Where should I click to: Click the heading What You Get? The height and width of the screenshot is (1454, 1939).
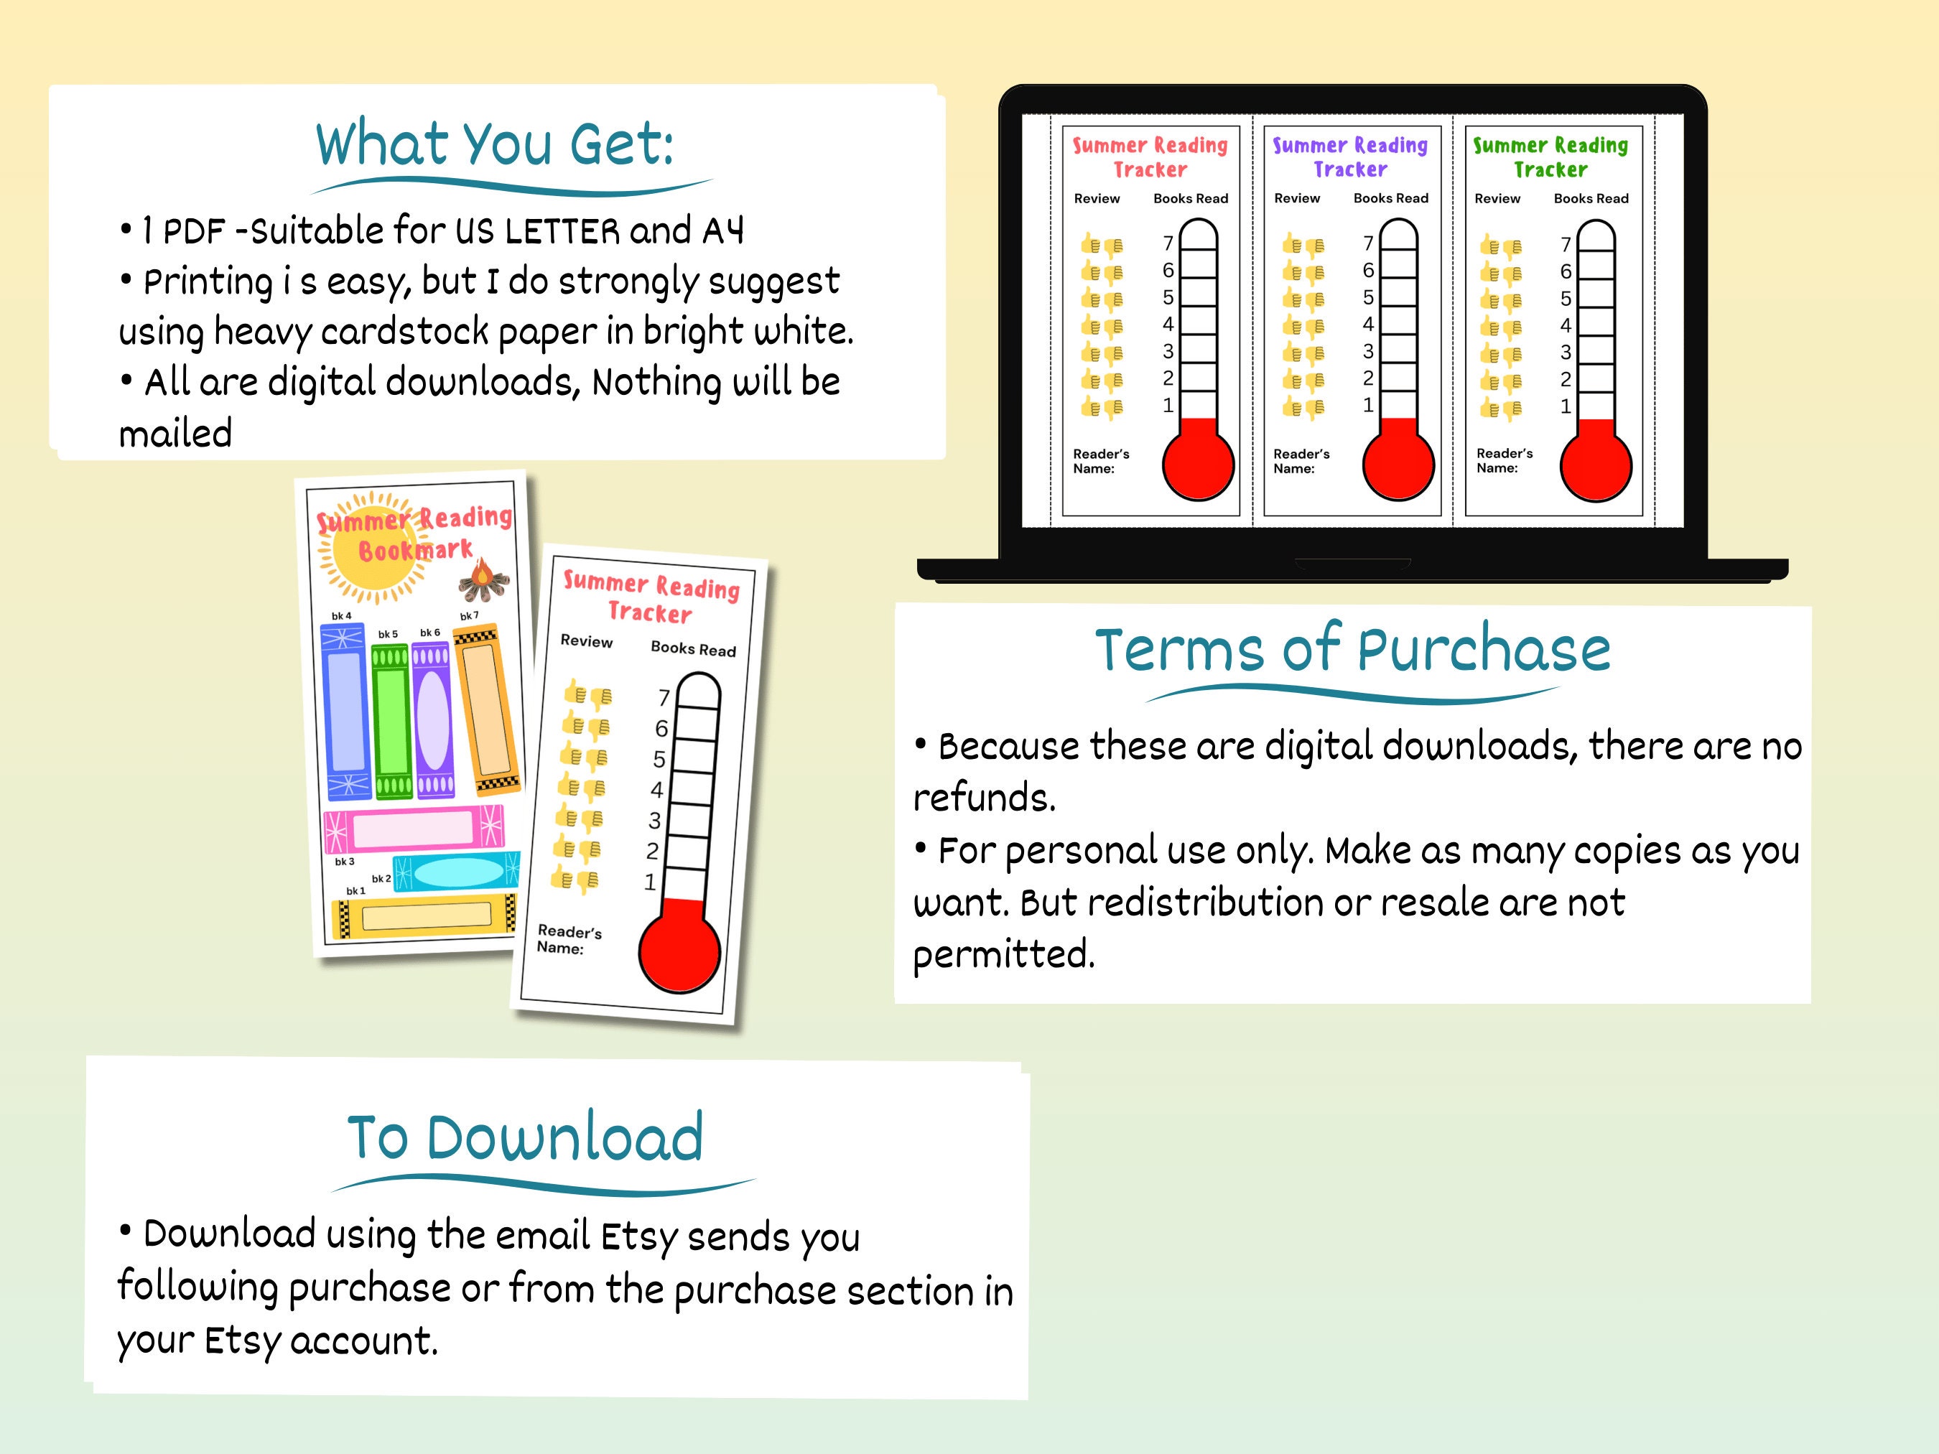(x=496, y=144)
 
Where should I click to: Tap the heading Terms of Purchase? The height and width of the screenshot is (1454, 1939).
(x=1352, y=651)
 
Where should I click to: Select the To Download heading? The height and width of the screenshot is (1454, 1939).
(x=525, y=1137)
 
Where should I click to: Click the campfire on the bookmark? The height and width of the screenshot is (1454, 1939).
(x=482, y=579)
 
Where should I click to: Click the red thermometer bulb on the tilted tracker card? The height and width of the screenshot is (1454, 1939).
(x=680, y=953)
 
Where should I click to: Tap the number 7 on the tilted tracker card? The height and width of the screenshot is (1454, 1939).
(x=664, y=698)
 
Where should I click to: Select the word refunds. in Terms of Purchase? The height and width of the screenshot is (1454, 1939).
(x=985, y=798)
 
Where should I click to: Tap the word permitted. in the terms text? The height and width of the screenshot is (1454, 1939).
(x=1004, y=954)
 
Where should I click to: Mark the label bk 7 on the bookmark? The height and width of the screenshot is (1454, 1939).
(x=469, y=616)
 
